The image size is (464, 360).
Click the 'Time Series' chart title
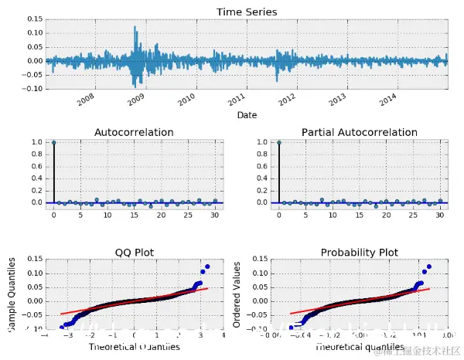[x=247, y=12]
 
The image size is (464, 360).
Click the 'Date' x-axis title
[x=247, y=115]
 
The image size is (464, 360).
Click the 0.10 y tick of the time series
[x=33, y=33]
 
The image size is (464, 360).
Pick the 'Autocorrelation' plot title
[x=134, y=133]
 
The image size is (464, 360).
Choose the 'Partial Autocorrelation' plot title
[x=360, y=133]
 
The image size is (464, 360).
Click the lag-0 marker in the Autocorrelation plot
[x=53, y=142]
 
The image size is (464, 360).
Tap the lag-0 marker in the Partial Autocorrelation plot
[x=278, y=142]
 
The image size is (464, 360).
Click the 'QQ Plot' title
[x=134, y=252]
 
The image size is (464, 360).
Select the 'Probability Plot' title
[x=360, y=252]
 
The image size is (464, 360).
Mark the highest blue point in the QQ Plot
[x=206, y=267]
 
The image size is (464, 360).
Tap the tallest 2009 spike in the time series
[x=135, y=27]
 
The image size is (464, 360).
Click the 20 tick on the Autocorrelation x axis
[x=160, y=214]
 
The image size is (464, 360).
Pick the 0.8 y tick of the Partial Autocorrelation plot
[x=262, y=155]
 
